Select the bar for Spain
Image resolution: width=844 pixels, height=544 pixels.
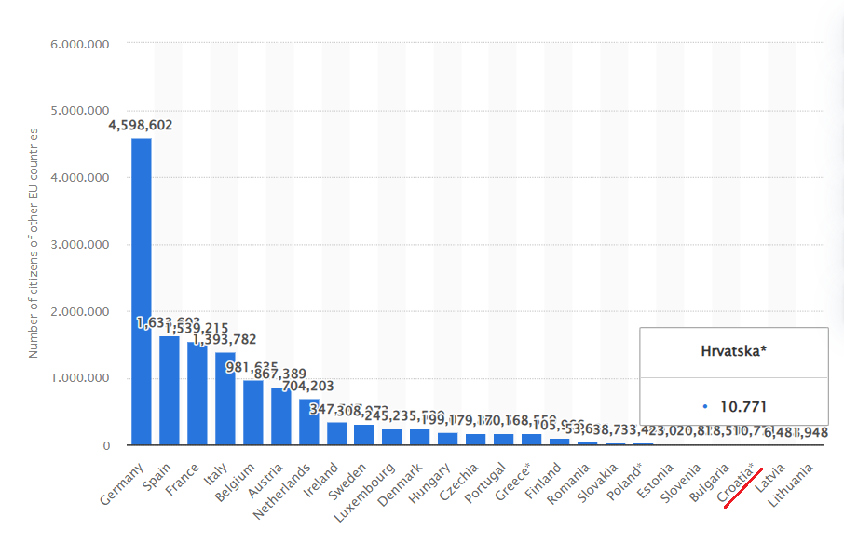pos(169,390)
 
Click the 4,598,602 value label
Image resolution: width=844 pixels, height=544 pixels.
pos(141,125)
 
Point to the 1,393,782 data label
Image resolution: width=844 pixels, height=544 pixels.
pos(225,339)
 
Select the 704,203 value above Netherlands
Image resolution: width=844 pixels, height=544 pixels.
pos(308,386)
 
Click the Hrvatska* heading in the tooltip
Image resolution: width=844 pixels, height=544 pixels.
pos(734,352)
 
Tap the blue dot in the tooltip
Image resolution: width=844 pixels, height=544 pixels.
pos(705,407)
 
